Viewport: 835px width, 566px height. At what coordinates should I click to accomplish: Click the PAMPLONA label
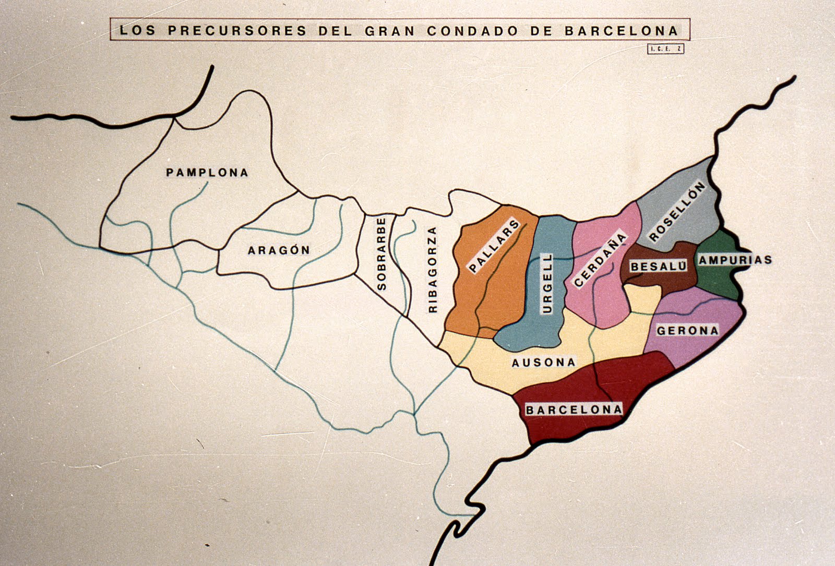pyautogui.click(x=207, y=173)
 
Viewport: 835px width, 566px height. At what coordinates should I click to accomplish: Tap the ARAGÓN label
pyautogui.click(x=279, y=250)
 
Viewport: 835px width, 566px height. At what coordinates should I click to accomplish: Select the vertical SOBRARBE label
pyautogui.click(x=381, y=254)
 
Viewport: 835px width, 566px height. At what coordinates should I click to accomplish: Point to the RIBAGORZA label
pyautogui.click(x=432, y=269)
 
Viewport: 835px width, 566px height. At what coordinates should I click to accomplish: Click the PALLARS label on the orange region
pyautogui.click(x=494, y=247)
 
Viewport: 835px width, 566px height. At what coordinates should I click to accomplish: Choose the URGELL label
pyautogui.click(x=547, y=283)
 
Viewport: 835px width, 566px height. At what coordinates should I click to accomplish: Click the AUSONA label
pyautogui.click(x=544, y=363)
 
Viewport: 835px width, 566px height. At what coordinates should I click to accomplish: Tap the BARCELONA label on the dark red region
pyautogui.click(x=574, y=410)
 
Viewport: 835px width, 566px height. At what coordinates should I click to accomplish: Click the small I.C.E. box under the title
pyautogui.click(x=665, y=49)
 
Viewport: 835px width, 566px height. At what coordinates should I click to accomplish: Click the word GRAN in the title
pyautogui.click(x=391, y=30)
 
